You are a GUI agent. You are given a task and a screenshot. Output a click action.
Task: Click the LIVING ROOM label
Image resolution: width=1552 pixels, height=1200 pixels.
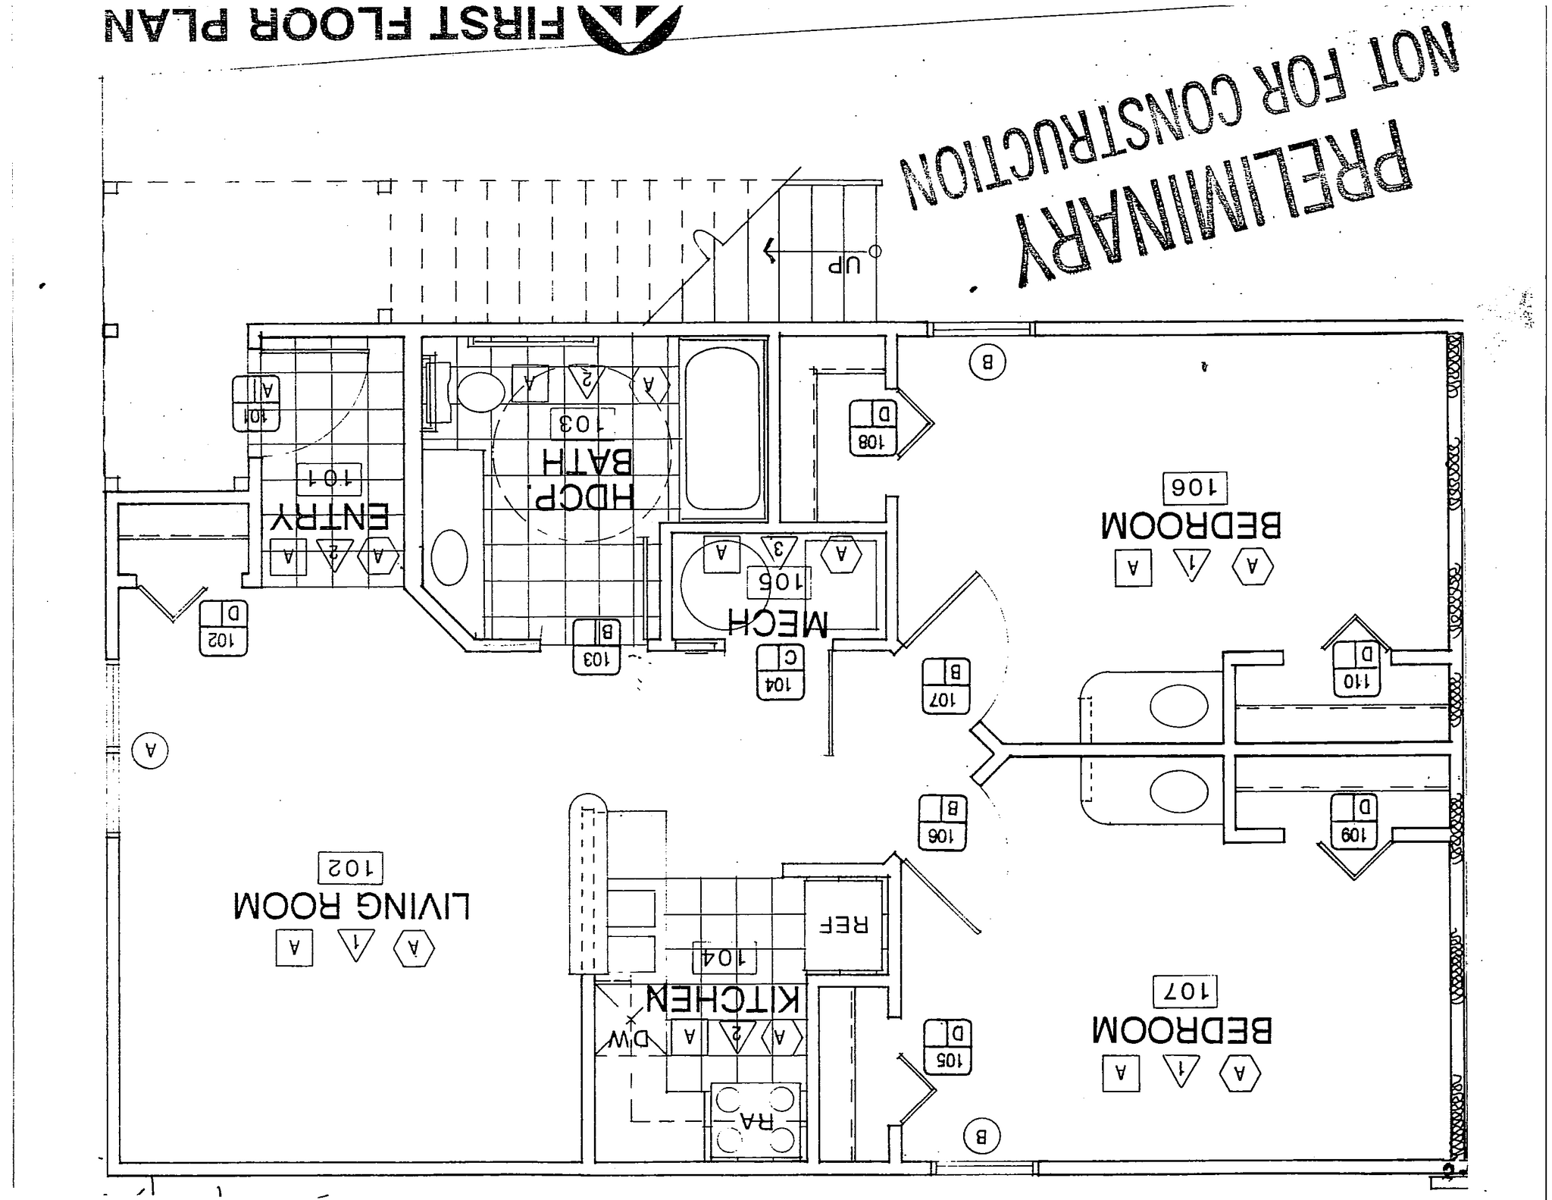(x=352, y=906)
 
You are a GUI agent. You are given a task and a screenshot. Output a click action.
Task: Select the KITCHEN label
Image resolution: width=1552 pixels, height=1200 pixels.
(x=722, y=1000)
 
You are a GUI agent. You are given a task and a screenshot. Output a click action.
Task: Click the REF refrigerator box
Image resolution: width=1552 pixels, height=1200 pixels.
(x=843, y=925)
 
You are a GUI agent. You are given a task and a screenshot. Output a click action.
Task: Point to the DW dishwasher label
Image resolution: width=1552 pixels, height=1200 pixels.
(x=629, y=1039)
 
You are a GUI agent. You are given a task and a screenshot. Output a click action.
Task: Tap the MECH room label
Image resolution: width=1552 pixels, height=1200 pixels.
(x=777, y=622)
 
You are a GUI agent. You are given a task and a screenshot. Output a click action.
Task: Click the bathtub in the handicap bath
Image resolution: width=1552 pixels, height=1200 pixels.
(x=721, y=428)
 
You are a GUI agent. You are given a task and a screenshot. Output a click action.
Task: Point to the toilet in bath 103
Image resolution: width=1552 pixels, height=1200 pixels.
(x=479, y=391)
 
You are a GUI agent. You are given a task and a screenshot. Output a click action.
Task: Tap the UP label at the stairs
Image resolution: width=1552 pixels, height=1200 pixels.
(x=843, y=265)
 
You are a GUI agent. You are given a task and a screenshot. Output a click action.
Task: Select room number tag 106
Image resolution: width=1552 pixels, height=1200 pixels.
(x=1194, y=487)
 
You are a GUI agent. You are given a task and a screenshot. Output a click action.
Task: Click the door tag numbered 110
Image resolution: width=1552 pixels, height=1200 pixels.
(x=1356, y=669)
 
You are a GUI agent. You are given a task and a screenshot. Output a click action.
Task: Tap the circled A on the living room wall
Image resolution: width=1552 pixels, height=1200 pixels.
(x=150, y=750)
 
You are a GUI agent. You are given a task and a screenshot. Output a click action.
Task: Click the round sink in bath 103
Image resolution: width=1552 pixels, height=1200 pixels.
(x=449, y=557)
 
